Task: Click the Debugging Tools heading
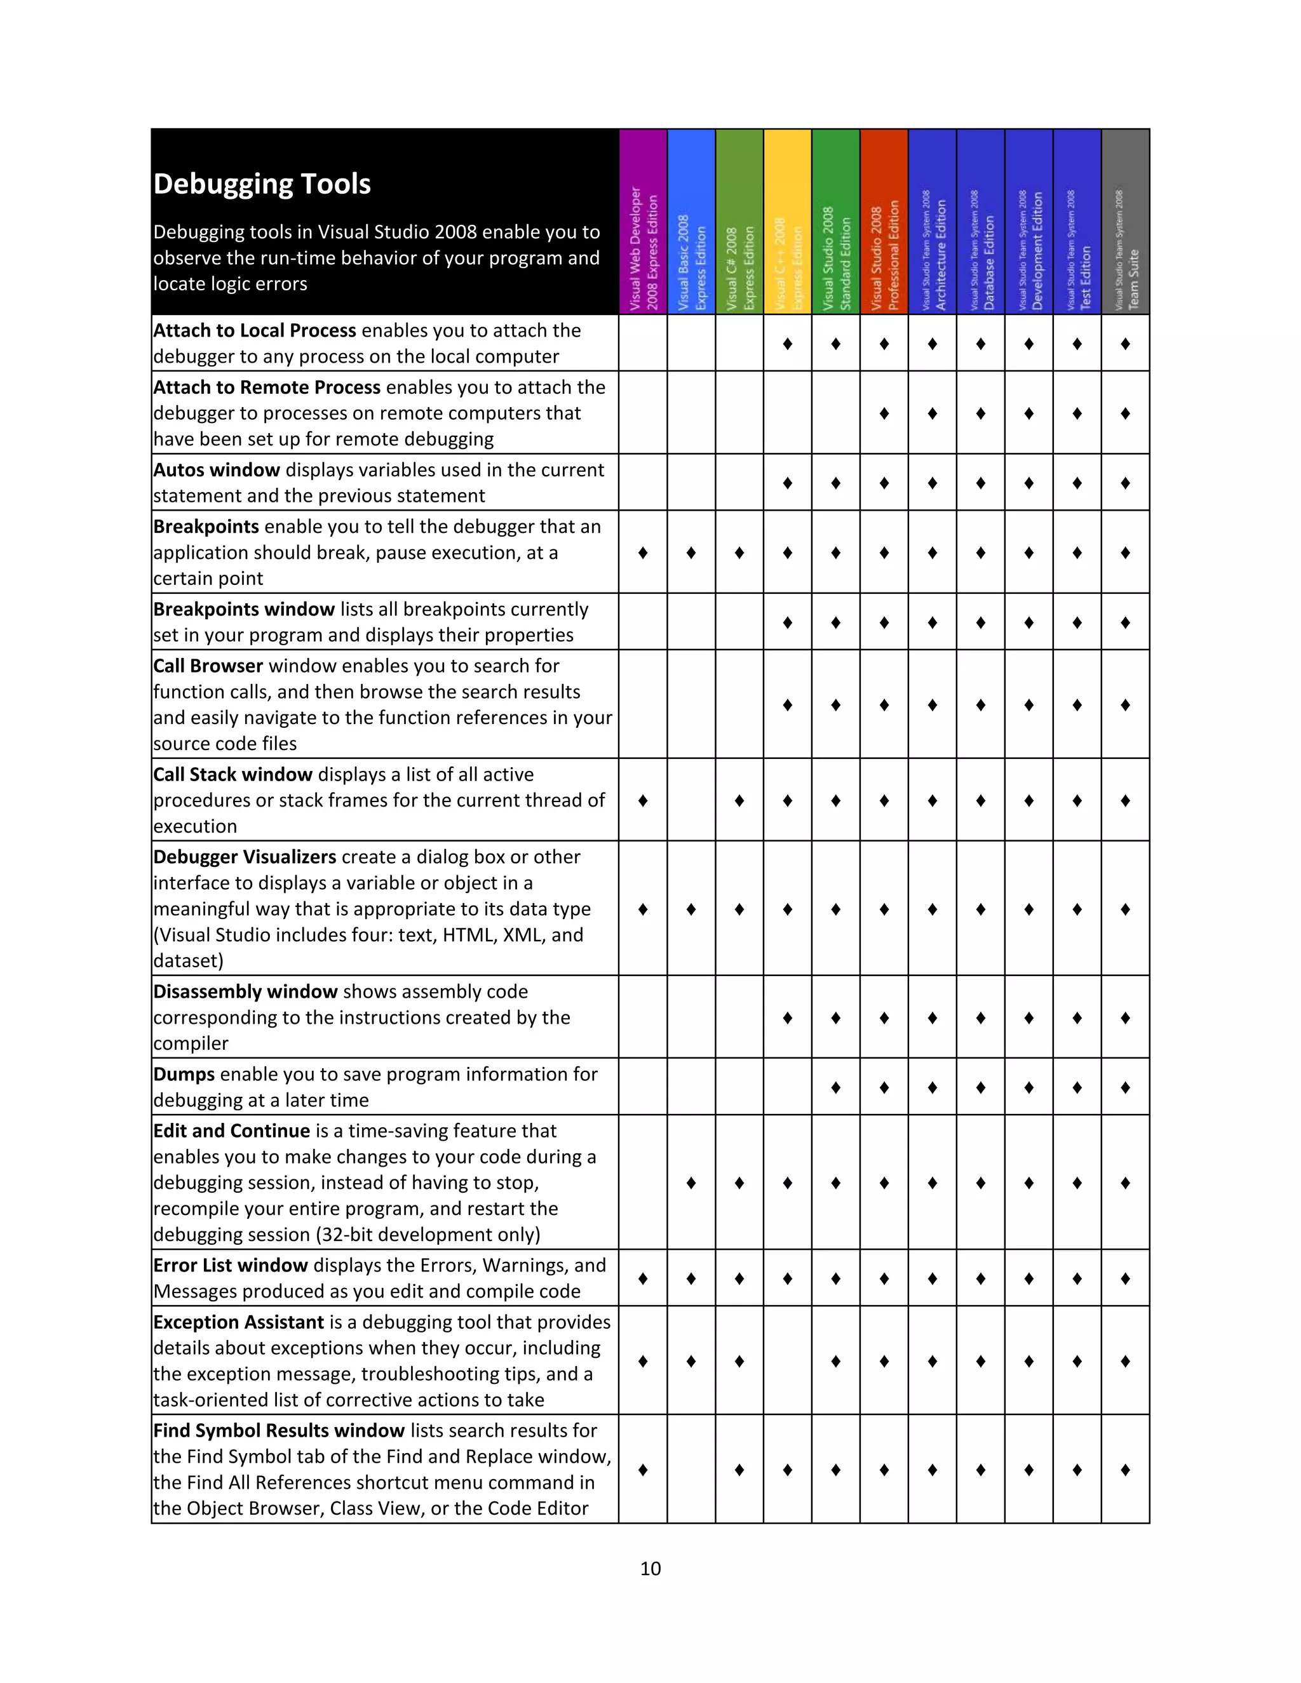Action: click(262, 184)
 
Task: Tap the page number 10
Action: click(650, 1568)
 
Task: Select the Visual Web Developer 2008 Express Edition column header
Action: click(643, 222)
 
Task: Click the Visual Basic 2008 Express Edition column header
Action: click(691, 222)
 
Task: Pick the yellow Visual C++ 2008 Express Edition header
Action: click(787, 222)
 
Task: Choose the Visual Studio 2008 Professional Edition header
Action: click(884, 222)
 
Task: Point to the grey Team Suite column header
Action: click(1125, 222)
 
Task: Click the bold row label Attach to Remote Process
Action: click(267, 387)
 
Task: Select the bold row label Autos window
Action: click(217, 470)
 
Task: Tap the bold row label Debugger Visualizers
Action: click(245, 857)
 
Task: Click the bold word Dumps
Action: click(184, 1074)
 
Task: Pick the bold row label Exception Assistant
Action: click(238, 1322)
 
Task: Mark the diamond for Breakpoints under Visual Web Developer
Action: click(643, 553)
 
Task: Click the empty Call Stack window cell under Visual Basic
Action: click(691, 800)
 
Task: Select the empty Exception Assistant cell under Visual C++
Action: click(787, 1361)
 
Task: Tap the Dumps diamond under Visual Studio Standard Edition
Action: click(835, 1087)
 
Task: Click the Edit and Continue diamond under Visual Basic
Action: click(691, 1183)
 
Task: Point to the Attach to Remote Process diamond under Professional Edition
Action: click(884, 413)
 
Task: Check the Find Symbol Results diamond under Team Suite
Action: click(1125, 1470)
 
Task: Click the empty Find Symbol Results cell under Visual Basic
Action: click(691, 1470)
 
